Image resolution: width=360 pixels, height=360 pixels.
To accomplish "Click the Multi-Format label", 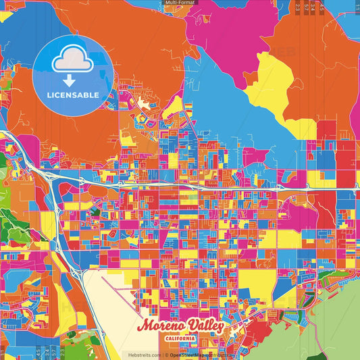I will pos(179,3).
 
